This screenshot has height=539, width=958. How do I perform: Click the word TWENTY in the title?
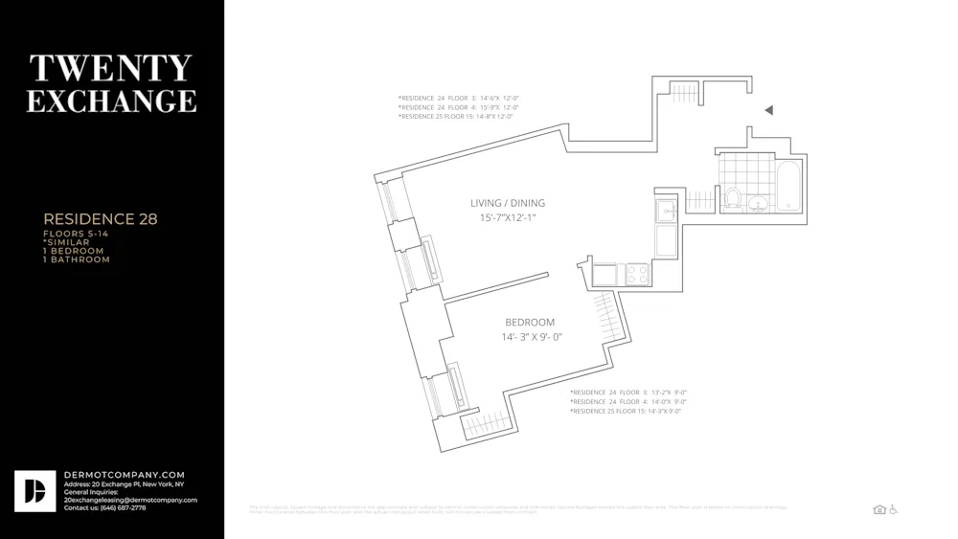click(x=111, y=69)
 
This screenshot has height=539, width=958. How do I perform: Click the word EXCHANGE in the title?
click(x=111, y=101)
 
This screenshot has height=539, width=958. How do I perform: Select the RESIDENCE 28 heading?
click(x=100, y=219)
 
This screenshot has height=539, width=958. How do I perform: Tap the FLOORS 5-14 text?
click(x=76, y=235)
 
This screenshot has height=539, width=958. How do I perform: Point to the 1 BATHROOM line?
click(x=76, y=259)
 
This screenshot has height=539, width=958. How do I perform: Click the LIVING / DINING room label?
click(x=507, y=203)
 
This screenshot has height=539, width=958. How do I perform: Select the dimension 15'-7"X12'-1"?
click(x=507, y=218)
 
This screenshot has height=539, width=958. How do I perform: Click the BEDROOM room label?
click(x=530, y=323)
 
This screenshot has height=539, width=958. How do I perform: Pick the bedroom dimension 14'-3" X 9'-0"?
click(x=531, y=337)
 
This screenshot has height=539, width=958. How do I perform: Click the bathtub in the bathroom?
click(x=788, y=188)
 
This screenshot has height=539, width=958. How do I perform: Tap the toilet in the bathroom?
click(x=733, y=198)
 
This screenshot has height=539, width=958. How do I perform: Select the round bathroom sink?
click(x=758, y=203)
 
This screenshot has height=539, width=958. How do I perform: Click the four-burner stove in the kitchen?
click(x=638, y=275)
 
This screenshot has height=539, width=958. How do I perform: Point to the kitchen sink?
click(x=667, y=211)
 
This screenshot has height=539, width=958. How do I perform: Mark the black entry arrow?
click(x=768, y=110)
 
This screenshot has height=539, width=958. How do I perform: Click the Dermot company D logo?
click(x=34, y=491)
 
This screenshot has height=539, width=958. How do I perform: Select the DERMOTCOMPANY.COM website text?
click(x=125, y=475)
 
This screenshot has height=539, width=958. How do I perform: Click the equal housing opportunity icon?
click(x=879, y=509)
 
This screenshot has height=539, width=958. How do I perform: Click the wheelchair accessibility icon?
click(x=893, y=509)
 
